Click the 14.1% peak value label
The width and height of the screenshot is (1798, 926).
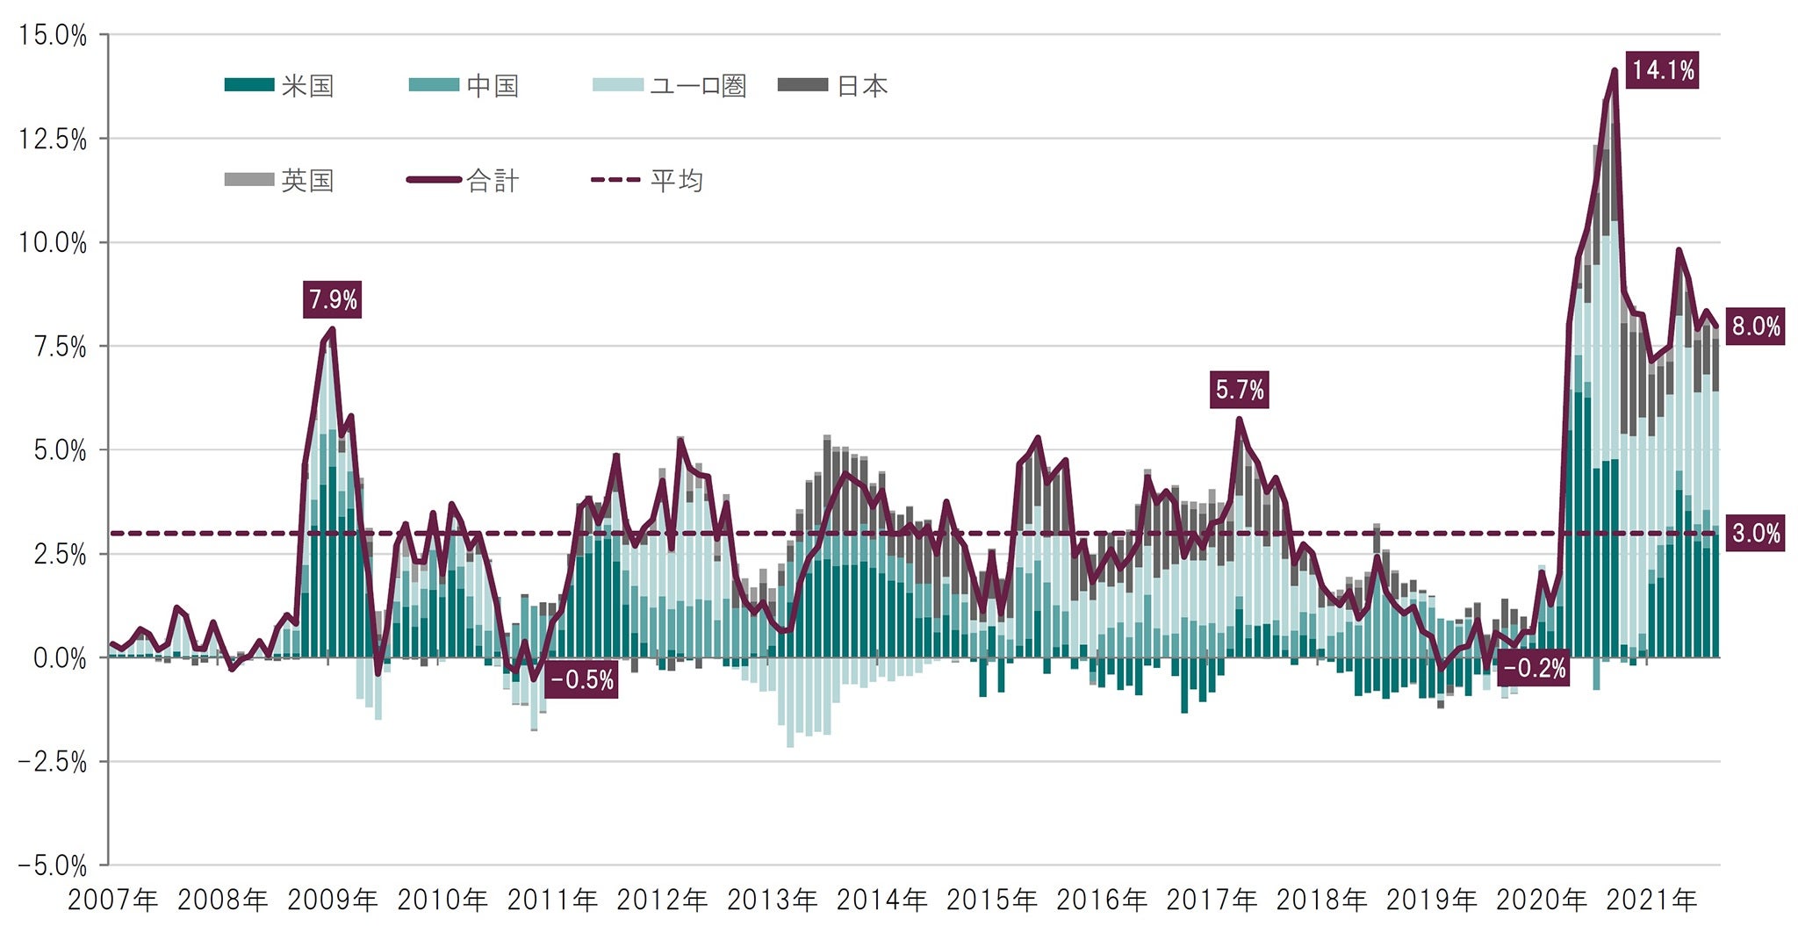tap(1662, 70)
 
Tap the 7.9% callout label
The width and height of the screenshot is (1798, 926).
tap(333, 300)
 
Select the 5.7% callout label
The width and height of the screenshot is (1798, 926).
tap(1239, 390)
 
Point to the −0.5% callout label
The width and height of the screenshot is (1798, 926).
tap(581, 680)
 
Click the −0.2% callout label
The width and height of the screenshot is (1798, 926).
tap(1534, 669)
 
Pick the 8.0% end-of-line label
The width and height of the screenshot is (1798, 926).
tap(1755, 327)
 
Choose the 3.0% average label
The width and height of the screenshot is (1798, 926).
tap(1755, 534)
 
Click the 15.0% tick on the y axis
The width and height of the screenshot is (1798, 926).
tap(53, 36)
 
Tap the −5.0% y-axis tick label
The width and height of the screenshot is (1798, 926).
tap(53, 866)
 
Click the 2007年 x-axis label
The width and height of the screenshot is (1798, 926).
tap(112, 900)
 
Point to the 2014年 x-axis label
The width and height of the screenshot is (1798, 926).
tap(881, 900)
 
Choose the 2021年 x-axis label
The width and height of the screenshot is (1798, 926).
tap(1651, 900)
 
